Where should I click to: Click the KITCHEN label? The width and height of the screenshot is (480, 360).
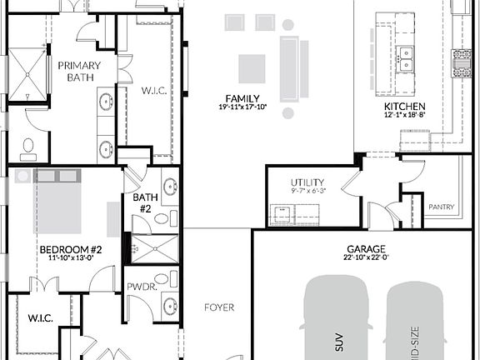[405, 107]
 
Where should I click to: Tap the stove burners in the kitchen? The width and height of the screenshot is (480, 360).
[461, 63]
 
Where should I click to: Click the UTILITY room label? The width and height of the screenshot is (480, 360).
[307, 182]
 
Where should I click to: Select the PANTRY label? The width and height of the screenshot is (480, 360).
[441, 206]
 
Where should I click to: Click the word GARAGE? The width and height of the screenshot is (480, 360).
[366, 249]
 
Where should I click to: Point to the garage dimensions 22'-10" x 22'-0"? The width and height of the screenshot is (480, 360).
[366, 259]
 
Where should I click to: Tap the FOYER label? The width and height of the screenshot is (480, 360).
[219, 307]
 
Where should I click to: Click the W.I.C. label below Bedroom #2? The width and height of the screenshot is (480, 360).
[41, 317]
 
